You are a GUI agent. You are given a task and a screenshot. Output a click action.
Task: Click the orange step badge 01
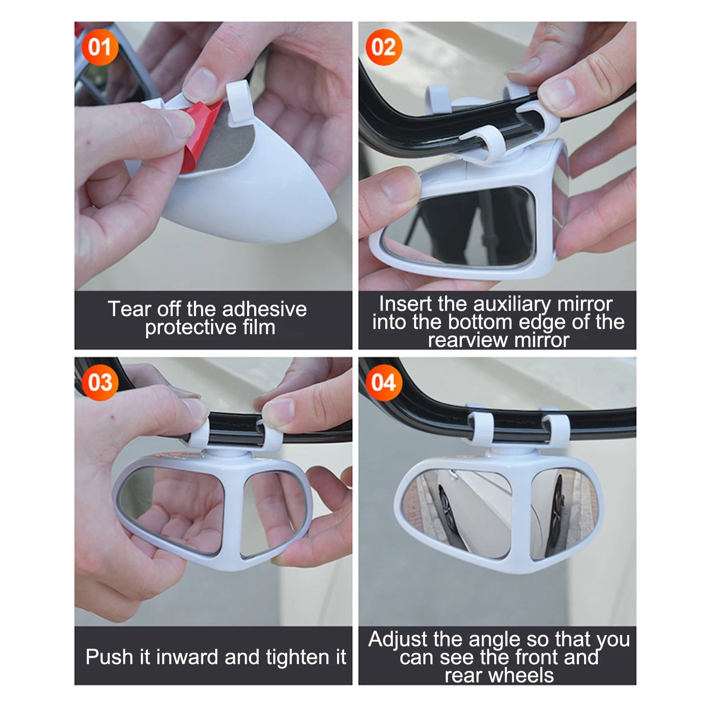[100, 47]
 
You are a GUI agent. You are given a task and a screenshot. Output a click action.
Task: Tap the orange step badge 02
[384, 47]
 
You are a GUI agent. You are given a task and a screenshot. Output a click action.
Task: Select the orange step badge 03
[100, 383]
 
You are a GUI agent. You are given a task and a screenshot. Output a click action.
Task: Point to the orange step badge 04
[384, 383]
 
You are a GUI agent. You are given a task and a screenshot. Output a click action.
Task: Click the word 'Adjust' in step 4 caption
[398, 639]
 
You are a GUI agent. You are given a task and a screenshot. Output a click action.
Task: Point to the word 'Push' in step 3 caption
[108, 657]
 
